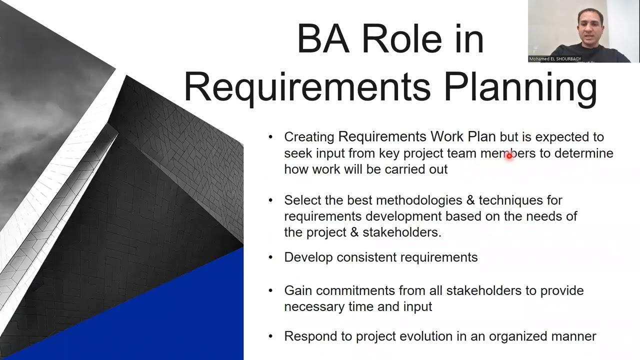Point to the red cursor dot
click(509, 156)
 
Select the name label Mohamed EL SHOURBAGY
click(555, 58)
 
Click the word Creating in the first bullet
click(309, 137)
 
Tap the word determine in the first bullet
click(583, 153)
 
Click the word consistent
click(366, 257)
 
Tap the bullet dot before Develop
click(271, 257)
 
